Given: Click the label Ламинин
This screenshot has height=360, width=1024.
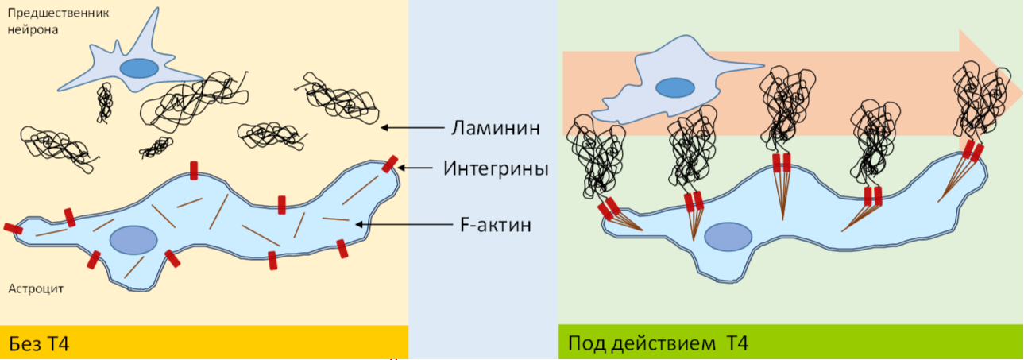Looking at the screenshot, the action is pyautogui.click(x=495, y=128).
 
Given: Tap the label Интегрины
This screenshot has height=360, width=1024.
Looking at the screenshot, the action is pyautogui.click(x=496, y=168).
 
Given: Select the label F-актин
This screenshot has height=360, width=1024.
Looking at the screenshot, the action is pyautogui.click(x=496, y=225).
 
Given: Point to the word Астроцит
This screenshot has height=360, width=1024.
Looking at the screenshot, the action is pyautogui.click(x=36, y=289).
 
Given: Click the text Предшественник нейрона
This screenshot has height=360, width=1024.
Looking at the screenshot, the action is pyautogui.click(x=58, y=21).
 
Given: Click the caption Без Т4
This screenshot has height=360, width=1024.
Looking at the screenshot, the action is pyautogui.click(x=39, y=343).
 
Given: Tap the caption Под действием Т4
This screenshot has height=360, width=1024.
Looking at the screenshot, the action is pyautogui.click(x=658, y=343).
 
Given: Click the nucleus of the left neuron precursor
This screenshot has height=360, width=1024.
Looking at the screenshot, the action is pyautogui.click(x=139, y=68).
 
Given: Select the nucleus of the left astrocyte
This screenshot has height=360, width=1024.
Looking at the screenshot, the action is pyautogui.click(x=133, y=240).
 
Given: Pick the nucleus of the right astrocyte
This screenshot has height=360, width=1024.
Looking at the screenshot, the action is pyautogui.click(x=728, y=237).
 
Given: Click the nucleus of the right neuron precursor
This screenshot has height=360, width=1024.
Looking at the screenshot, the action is pyautogui.click(x=674, y=87).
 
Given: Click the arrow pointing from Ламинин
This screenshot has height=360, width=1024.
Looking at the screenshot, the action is pyautogui.click(x=412, y=128).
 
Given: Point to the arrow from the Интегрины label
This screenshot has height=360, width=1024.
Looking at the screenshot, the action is pyautogui.click(x=415, y=168).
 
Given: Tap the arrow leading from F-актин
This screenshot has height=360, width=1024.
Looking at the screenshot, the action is pyautogui.click(x=404, y=224).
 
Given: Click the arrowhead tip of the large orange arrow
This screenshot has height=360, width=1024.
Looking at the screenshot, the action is pyautogui.click(x=1022, y=93).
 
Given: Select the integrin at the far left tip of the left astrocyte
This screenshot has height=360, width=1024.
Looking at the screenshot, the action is pyautogui.click(x=13, y=228).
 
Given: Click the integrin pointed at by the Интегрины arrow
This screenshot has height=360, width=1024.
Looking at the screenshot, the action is pyautogui.click(x=389, y=164).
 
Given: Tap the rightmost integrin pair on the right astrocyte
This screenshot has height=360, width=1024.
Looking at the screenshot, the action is pyautogui.click(x=972, y=152).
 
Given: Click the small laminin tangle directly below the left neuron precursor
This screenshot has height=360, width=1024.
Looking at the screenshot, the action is pyautogui.click(x=105, y=103).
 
